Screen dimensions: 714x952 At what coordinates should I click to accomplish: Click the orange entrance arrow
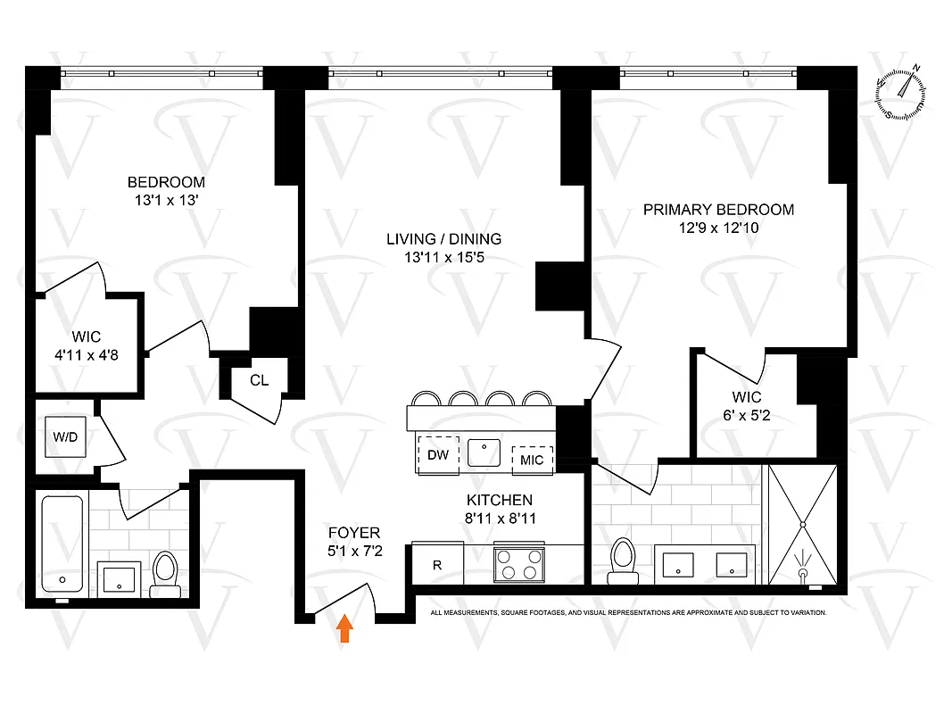pyautogui.click(x=344, y=629)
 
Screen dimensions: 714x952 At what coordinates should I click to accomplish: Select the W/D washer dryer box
pyautogui.click(x=65, y=437)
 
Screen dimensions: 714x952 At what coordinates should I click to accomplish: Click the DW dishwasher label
pyautogui.click(x=437, y=455)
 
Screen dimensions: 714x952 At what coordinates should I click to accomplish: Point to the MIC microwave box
pyautogui.click(x=532, y=459)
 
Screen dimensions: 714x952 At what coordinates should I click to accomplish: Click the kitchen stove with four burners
pyautogui.click(x=519, y=564)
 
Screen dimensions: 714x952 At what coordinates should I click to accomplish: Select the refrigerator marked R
pyautogui.click(x=437, y=564)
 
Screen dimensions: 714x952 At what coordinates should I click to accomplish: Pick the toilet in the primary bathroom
pyautogui.click(x=625, y=560)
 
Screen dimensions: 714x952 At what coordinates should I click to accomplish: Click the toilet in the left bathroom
pyautogui.click(x=165, y=573)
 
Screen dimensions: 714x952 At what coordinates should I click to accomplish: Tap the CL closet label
pyautogui.click(x=259, y=380)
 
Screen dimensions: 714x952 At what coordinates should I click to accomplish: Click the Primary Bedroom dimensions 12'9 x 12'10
pyautogui.click(x=718, y=228)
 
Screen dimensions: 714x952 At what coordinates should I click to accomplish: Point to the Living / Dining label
pyautogui.click(x=443, y=238)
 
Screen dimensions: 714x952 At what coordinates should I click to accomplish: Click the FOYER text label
pyautogui.click(x=354, y=533)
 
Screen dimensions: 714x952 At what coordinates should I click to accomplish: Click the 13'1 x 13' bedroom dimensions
pyautogui.click(x=165, y=201)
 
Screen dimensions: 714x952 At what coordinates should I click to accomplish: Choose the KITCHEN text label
pyautogui.click(x=499, y=500)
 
